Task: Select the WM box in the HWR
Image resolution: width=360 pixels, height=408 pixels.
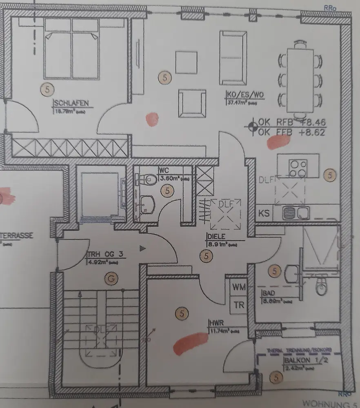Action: pyautogui.click(x=239, y=287)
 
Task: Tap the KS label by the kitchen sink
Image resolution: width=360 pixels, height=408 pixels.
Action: pyautogui.click(x=264, y=213)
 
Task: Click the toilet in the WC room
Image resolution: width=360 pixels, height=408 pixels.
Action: pyautogui.click(x=146, y=178)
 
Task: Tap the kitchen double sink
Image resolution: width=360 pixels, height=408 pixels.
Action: pyautogui.click(x=296, y=212)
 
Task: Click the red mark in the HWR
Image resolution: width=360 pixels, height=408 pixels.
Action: pyautogui.click(x=190, y=342)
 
